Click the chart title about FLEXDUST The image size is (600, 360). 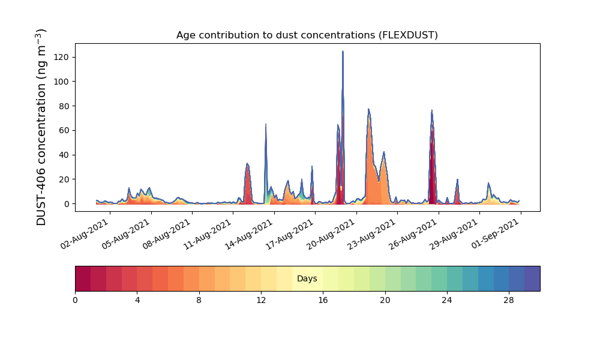click(307, 35)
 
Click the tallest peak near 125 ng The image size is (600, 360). click(343, 52)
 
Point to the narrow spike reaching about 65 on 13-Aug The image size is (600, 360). click(266, 125)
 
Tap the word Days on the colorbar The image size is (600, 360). click(307, 279)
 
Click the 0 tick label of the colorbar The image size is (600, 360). click(75, 300)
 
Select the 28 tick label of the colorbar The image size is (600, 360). click(509, 300)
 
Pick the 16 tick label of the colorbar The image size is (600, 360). click(323, 300)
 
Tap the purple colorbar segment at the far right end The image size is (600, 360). click(532, 279)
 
